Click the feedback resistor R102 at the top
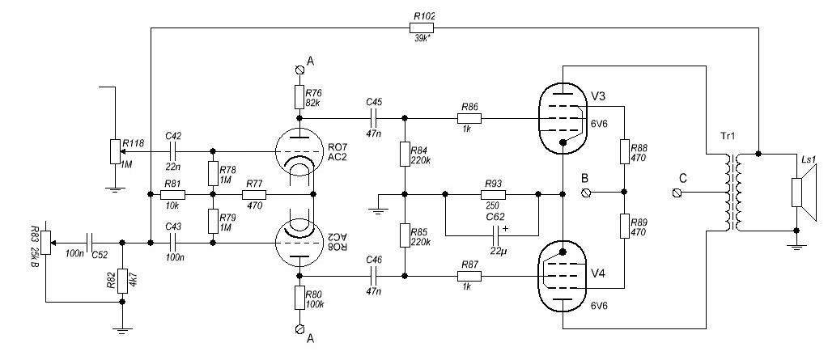(422, 28)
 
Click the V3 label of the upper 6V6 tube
(599, 96)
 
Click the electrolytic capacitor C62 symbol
(497, 234)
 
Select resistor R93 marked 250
(492, 194)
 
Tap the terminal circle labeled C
(678, 193)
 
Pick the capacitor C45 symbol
(374, 117)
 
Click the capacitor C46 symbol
(374, 275)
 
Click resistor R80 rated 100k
(299, 298)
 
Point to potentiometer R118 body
(113, 151)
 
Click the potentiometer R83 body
(46, 244)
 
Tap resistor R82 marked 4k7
(122, 280)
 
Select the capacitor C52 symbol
(90, 243)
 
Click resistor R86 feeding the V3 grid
(469, 117)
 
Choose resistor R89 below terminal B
(624, 227)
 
